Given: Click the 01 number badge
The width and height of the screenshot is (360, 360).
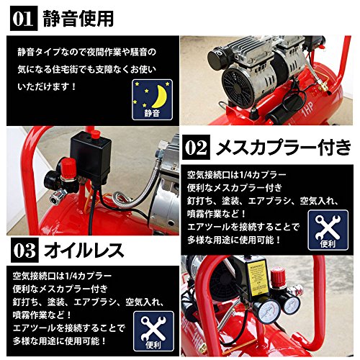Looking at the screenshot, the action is (24, 19).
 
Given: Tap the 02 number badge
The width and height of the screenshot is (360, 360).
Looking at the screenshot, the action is (196, 147).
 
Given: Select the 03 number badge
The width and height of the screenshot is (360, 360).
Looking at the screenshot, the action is (24, 250).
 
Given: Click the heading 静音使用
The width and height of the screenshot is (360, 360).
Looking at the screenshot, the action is (78, 19).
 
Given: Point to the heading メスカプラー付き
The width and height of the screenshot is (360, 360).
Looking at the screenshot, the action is (284, 147).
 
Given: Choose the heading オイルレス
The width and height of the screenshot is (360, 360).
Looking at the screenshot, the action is (84, 251).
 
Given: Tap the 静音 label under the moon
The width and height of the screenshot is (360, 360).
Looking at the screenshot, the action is (153, 113).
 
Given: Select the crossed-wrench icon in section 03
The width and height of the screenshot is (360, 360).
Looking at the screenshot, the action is (153, 328).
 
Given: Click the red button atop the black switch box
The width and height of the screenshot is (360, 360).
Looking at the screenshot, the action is (95, 135).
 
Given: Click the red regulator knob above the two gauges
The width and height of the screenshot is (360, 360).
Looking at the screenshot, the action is (278, 276).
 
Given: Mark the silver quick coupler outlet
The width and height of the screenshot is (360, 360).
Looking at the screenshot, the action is (57, 195).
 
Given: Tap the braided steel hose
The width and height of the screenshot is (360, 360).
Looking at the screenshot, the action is (135, 185).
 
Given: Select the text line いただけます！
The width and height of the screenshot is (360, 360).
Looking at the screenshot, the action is (47, 86).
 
